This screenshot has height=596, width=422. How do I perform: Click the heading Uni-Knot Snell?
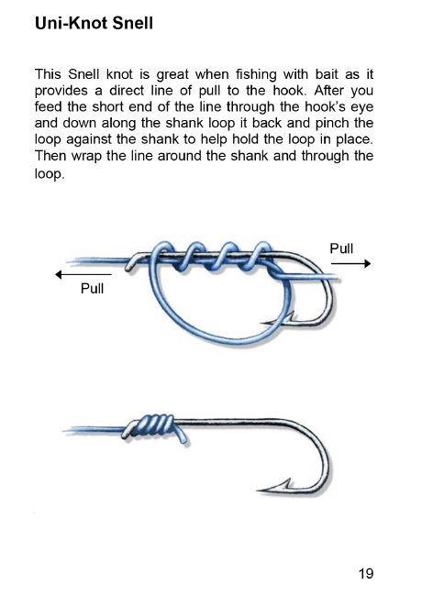point(94,23)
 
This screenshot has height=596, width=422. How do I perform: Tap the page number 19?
point(366,573)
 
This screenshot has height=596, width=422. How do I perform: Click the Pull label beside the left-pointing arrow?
point(92,289)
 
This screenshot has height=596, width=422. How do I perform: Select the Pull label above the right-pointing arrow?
point(341,248)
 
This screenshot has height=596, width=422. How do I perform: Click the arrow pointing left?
point(83,274)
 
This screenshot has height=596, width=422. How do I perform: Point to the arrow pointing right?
point(350,263)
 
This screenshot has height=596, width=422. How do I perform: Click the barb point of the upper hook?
point(262,324)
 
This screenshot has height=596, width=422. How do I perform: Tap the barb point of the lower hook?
point(259,491)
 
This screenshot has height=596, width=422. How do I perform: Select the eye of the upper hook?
point(131,263)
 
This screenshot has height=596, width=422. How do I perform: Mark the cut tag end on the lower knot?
point(183,439)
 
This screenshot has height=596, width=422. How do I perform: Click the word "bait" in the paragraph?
point(328,73)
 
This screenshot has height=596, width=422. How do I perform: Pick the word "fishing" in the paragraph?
point(256,75)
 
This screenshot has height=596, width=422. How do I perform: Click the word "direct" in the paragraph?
point(127,91)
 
